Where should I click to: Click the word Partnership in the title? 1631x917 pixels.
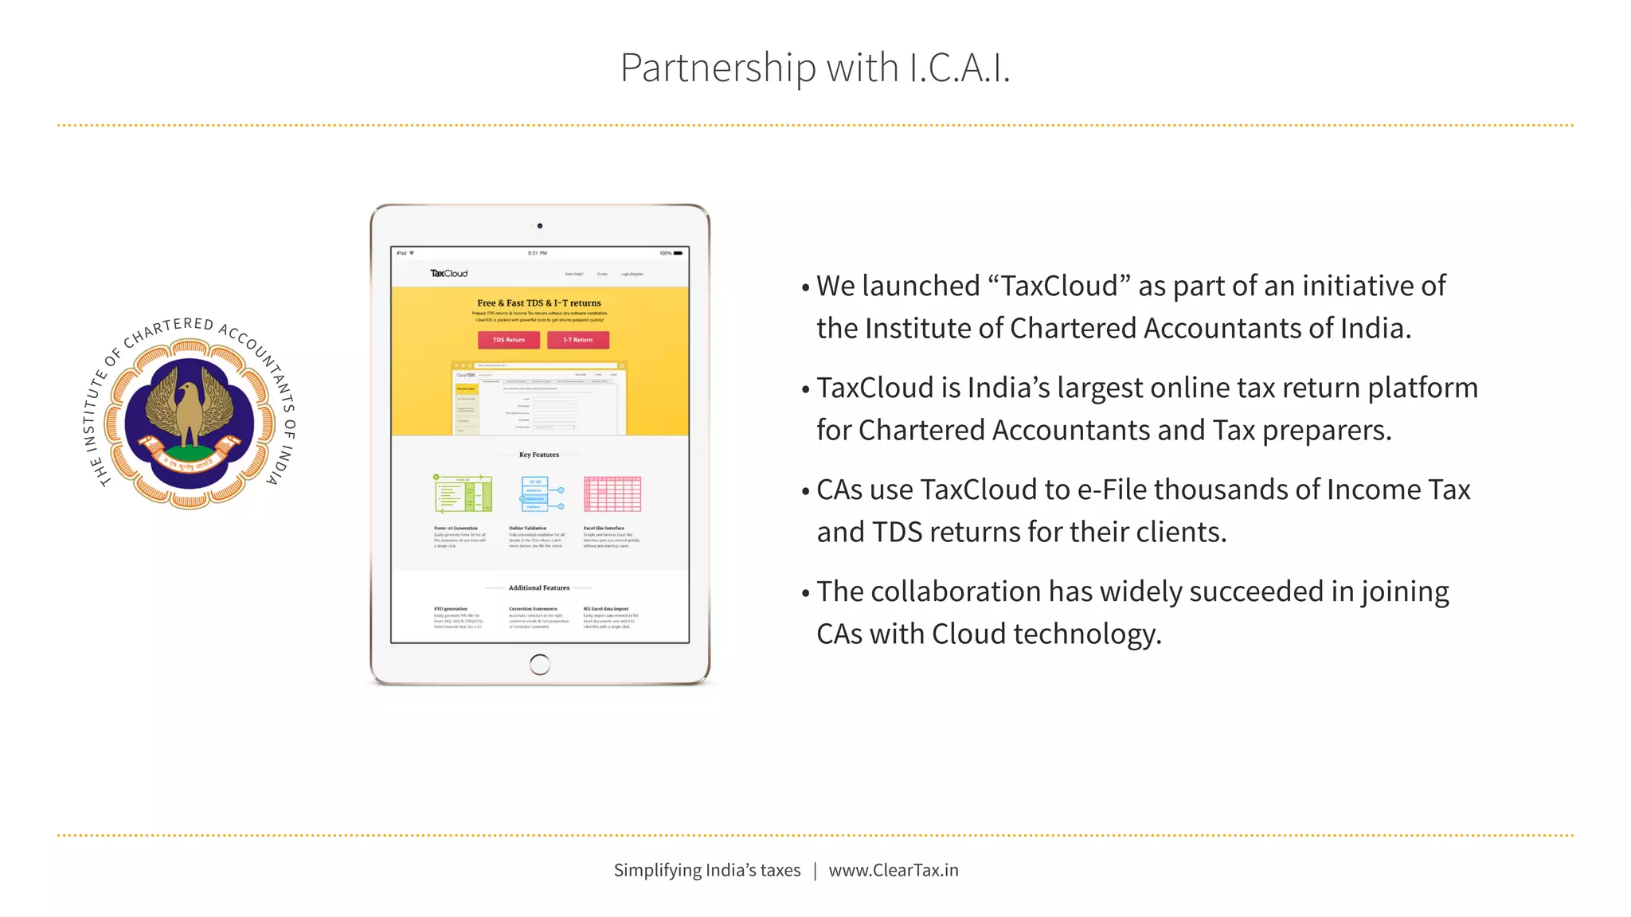pyautogui.click(x=718, y=68)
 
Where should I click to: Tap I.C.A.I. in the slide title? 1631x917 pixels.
pyautogui.click(x=959, y=68)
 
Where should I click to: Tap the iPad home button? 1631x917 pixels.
pyautogui.click(x=539, y=664)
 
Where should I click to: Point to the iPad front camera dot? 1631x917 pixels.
pyautogui.click(x=540, y=226)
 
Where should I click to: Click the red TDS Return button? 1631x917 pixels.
pyautogui.click(x=508, y=340)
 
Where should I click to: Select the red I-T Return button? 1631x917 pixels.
pyautogui.click(x=578, y=340)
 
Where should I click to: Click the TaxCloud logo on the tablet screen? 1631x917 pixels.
pyautogui.click(x=449, y=273)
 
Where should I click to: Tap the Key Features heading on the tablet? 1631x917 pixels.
pyautogui.click(x=539, y=455)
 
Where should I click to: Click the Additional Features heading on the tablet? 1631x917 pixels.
pyautogui.click(x=539, y=587)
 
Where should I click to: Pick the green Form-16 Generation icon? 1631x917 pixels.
pyautogui.click(x=463, y=494)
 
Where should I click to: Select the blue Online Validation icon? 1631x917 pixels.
pyautogui.click(x=542, y=494)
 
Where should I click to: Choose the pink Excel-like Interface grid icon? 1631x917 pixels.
pyautogui.click(x=612, y=494)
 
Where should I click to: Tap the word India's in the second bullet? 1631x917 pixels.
pyautogui.click(x=1008, y=388)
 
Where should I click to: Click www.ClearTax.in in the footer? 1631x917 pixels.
pyautogui.click(x=894, y=870)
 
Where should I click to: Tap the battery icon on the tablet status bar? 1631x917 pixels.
pyautogui.click(x=678, y=253)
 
